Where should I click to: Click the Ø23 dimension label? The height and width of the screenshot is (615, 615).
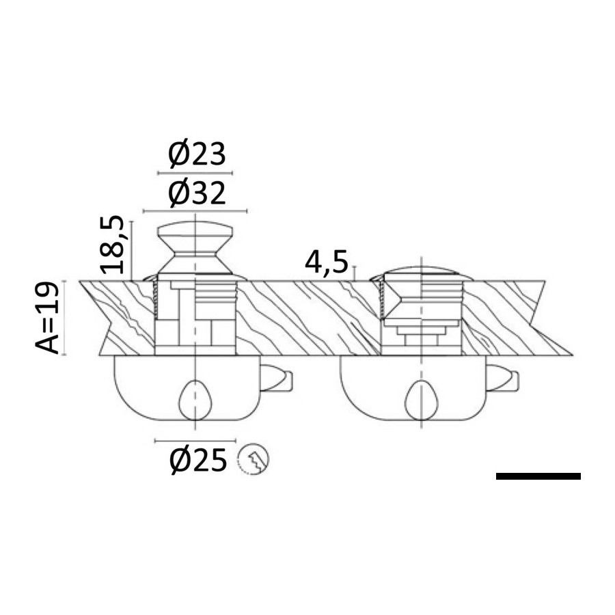coord(197,154)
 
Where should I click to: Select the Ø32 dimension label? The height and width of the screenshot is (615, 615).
coord(197,194)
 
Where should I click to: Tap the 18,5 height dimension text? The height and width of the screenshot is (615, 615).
coord(113,245)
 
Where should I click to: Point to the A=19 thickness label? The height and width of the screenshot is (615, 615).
coord(47,317)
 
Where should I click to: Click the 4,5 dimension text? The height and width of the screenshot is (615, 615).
coord(327,263)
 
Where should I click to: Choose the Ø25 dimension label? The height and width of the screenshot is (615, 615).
coord(198,460)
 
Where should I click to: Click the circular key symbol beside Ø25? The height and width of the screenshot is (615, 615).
coord(254,459)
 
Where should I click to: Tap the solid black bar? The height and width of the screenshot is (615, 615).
coord(538,476)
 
